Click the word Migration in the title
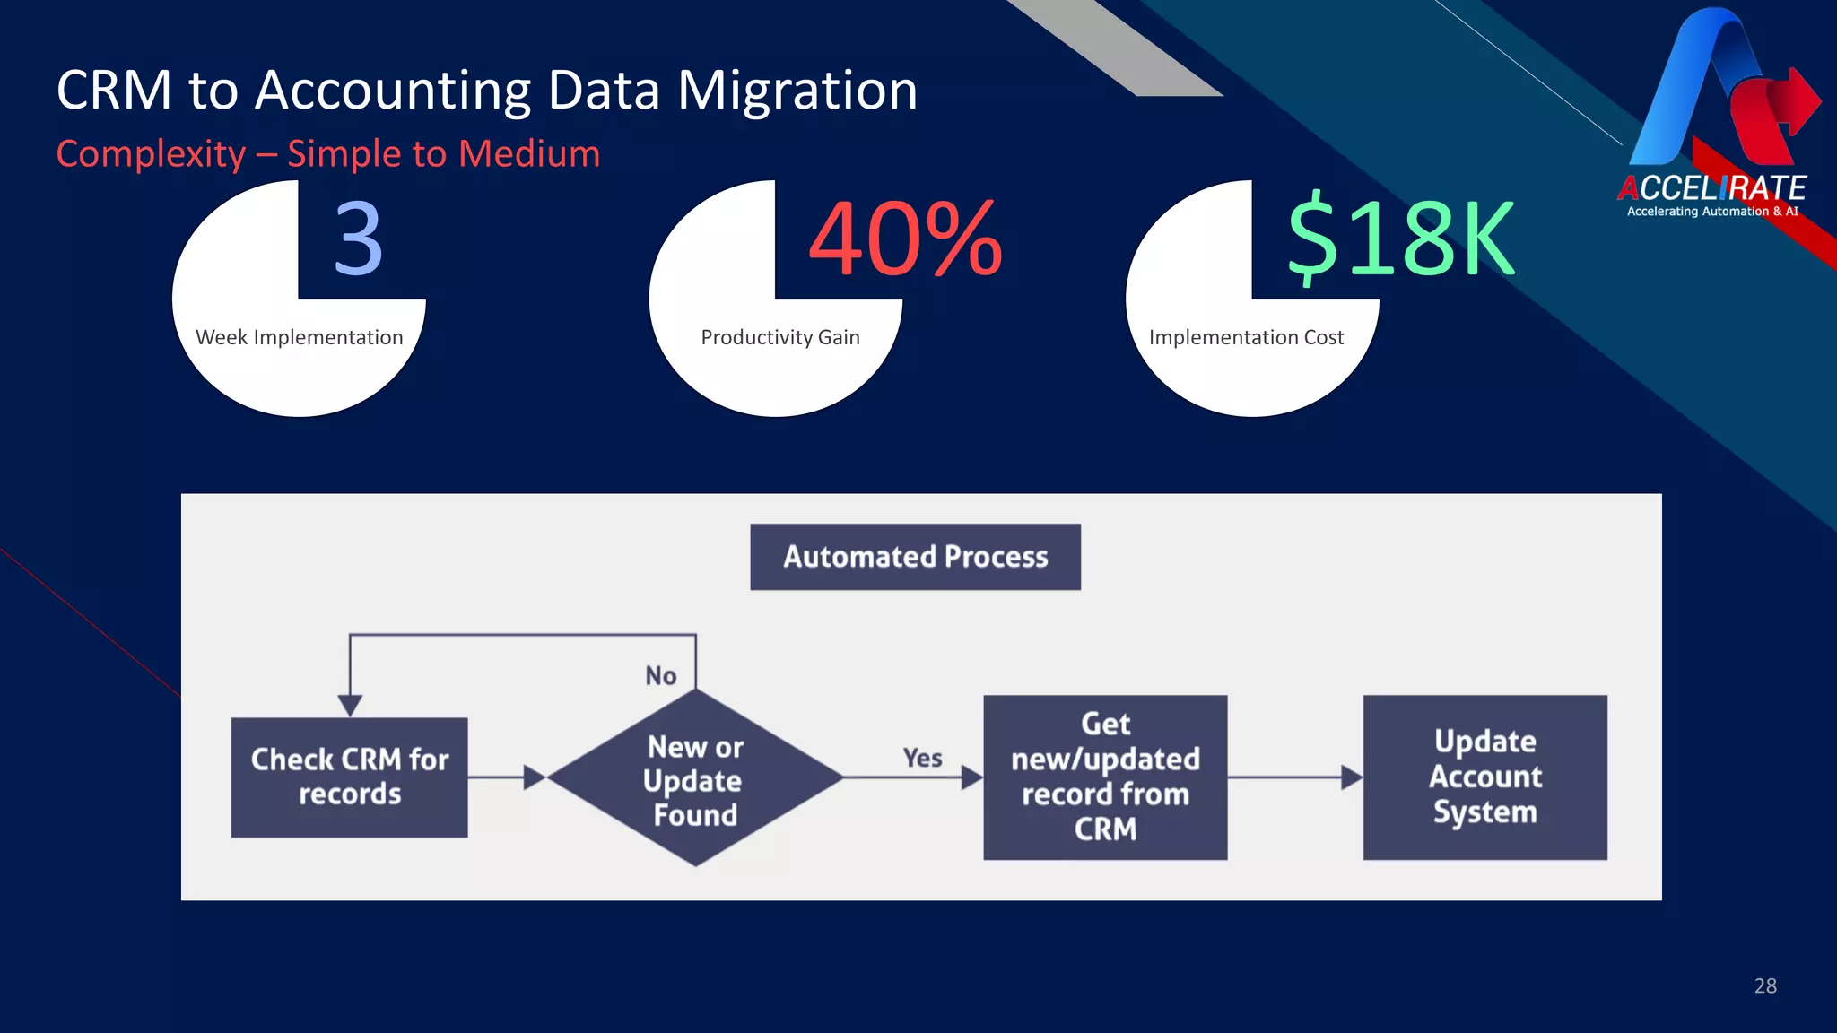[x=797, y=91]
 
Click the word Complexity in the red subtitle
[x=151, y=154]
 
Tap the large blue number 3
[x=358, y=239]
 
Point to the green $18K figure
[x=1399, y=239]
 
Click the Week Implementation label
[x=299, y=337]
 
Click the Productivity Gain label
[x=779, y=337]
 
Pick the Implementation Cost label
[x=1246, y=337]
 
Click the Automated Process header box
[x=915, y=557]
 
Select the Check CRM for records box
[x=349, y=777]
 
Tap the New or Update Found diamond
[x=694, y=778]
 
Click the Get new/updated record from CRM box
[x=1105, y=777]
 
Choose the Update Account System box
[x=1484, y=777]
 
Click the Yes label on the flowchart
[x=922, y=758]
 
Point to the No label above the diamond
[x=661, y=675]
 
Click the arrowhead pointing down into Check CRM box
[x=350, y=705]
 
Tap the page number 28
[x=1764, y=985]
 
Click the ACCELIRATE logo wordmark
[x=1711, y=188]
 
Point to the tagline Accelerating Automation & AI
[x=1711, y=212]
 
